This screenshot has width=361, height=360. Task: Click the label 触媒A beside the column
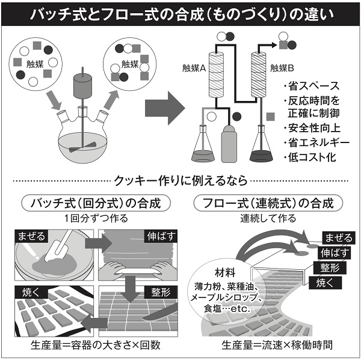pos(194,68)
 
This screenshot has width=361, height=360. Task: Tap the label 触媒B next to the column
pos(282,68)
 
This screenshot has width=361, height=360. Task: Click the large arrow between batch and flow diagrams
pos(165,108)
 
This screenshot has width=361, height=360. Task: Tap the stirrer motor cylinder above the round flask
pos(82,85)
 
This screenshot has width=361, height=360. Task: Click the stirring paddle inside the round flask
pos(82,147)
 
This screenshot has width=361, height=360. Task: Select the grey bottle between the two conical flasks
pos(229,144)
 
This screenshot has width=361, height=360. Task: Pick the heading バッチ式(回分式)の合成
pos(96,203)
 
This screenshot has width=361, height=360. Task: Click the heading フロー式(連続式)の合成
pos(268,203)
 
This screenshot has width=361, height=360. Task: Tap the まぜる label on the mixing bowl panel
pos(31,236)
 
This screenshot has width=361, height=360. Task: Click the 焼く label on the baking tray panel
pos(31,292)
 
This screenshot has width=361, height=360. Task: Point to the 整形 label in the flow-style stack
pos(330,267)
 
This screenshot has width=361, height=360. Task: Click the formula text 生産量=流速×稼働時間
pos(277,346)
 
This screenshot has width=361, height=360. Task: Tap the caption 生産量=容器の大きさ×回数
pos(95,346)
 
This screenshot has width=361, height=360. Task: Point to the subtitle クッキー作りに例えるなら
pos(180,180)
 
